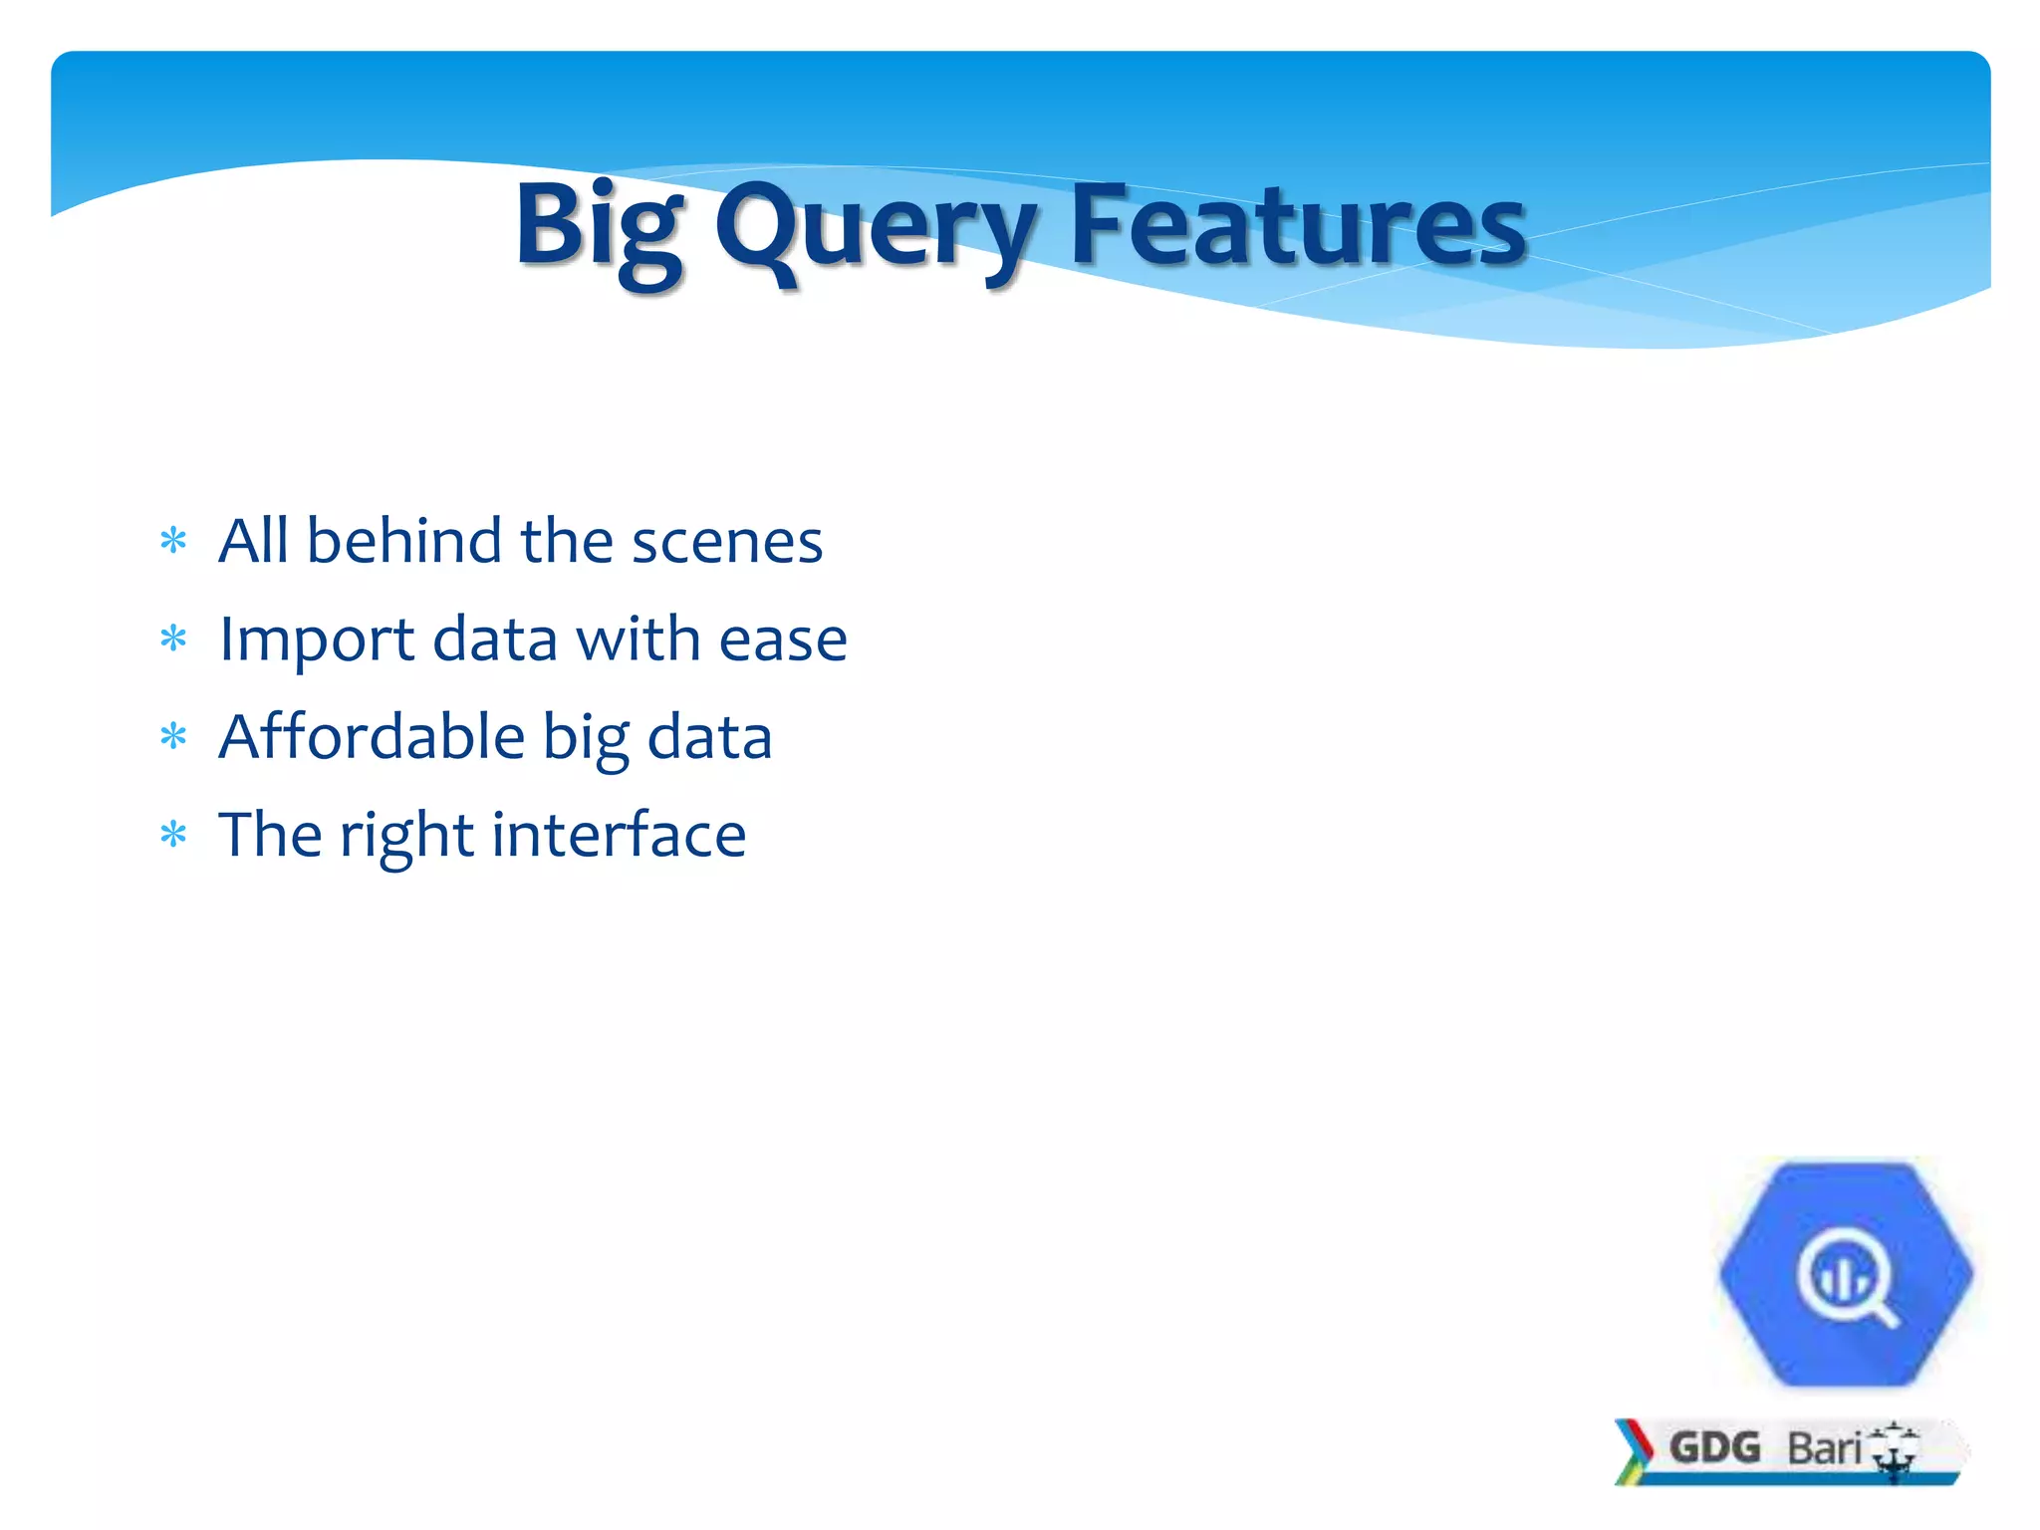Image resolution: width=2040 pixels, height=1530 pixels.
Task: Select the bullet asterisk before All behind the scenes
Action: coord(173,541)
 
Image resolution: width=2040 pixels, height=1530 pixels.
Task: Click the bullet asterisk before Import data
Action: coord(173,638)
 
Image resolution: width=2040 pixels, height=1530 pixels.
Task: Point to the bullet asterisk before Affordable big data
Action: coord(173,737)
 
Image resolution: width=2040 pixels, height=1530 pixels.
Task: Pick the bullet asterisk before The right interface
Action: coord(173,835)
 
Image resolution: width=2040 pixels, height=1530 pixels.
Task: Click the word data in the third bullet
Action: coord(709,737)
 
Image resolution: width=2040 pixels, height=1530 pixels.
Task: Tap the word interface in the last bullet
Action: coord(618,835)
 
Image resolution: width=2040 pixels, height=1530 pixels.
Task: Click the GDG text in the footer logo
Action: coord(1714,1447)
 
